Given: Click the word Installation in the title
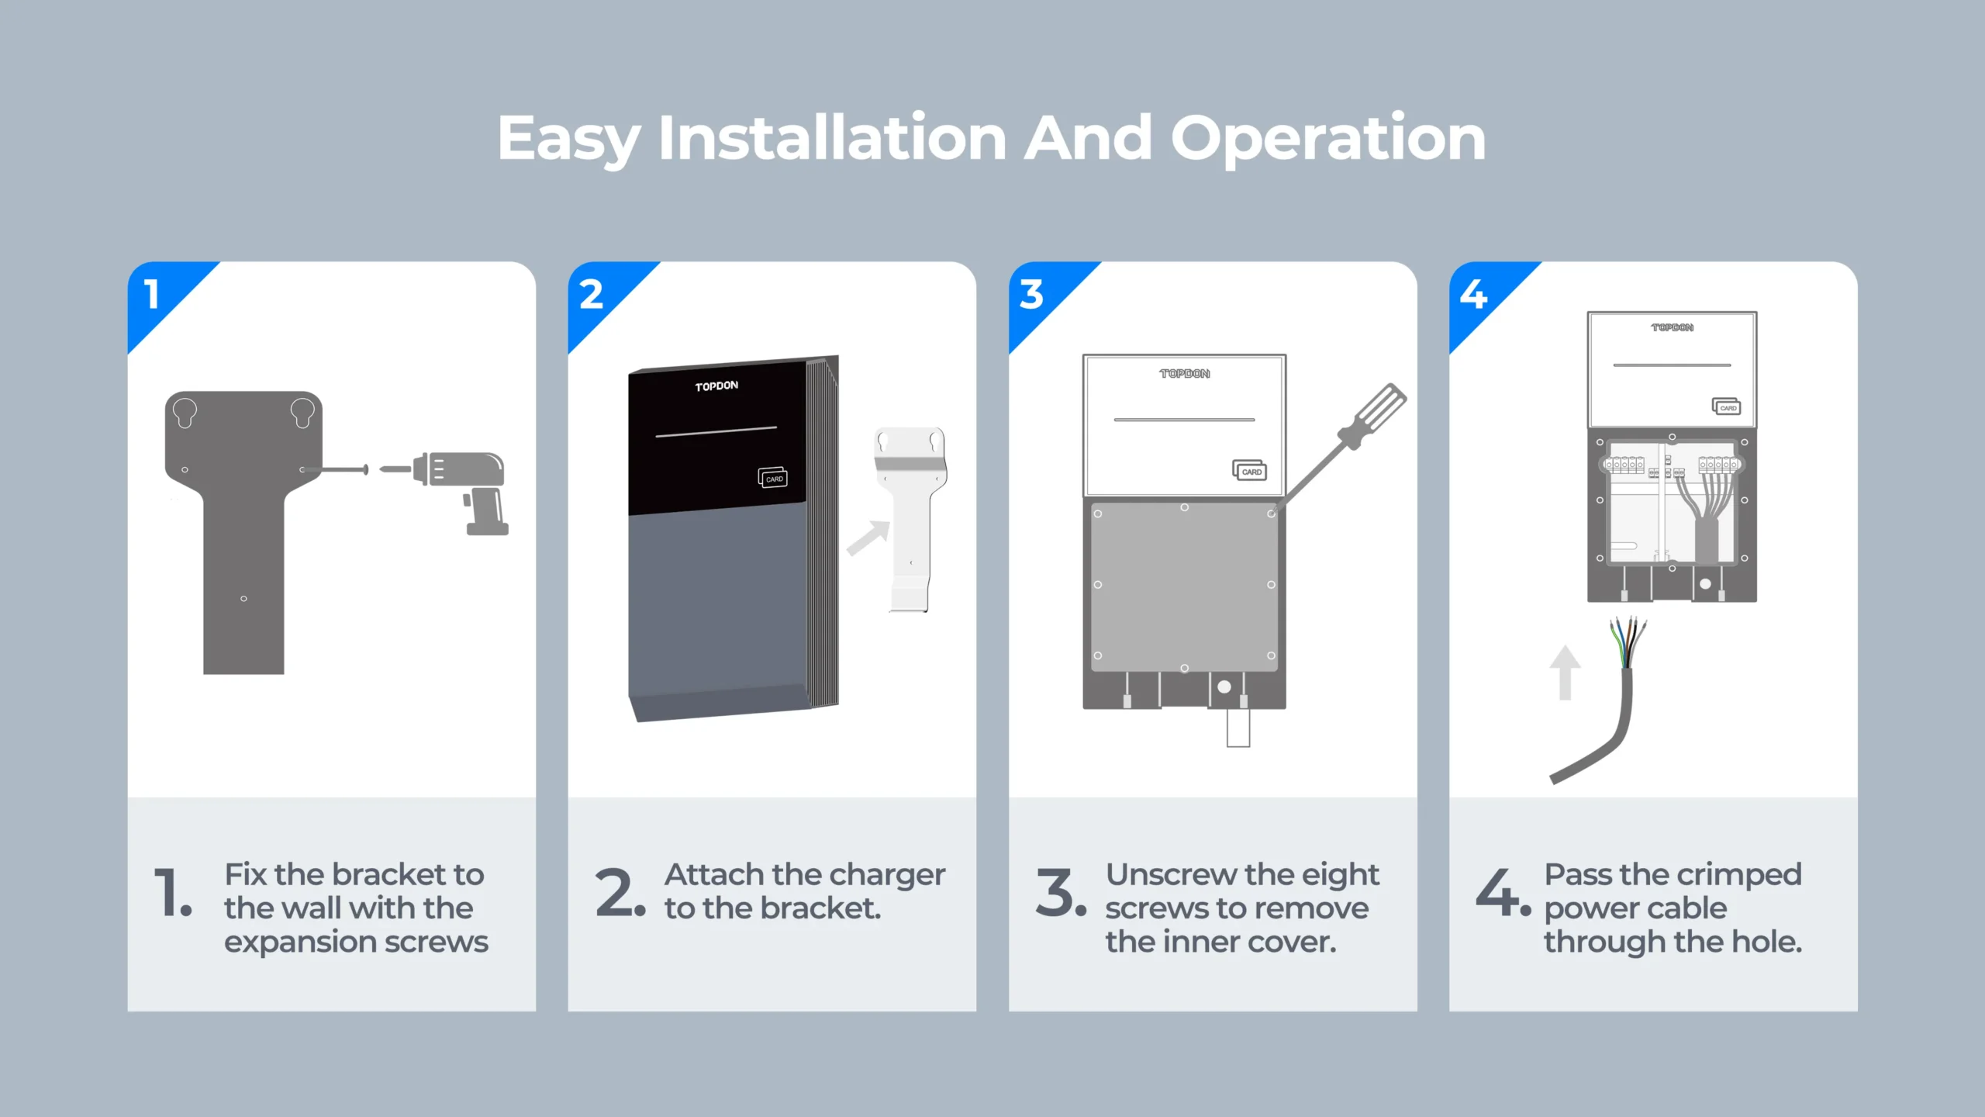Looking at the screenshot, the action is click(833, 138).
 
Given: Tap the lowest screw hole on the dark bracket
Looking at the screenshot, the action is click(243, 599).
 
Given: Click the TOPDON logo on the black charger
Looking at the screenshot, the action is click(716, 386).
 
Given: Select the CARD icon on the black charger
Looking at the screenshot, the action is click(772, 478).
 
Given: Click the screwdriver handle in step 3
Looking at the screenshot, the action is click(1375, 416).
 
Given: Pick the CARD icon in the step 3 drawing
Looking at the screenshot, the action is click(1250, 470).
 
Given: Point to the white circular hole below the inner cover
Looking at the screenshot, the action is click(1224, 686).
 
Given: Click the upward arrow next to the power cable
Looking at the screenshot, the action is click(1565, 673).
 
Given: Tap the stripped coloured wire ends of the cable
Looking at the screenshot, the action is click(1628, 642).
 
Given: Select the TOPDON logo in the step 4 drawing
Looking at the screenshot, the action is click(1672, 327).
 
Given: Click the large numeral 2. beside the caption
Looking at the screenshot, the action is click(620, 892).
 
